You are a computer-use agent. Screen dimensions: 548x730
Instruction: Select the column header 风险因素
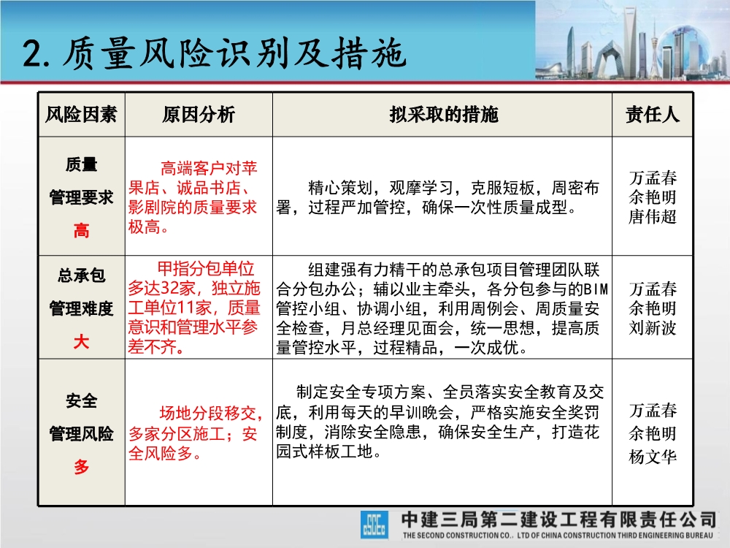click(x=81, y=115)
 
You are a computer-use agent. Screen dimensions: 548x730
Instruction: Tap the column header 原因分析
click(x=199, y=115)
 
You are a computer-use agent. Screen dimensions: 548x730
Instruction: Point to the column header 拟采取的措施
click(x=442, y=115)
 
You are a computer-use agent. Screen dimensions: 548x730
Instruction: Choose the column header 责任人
click(x=652, y=115)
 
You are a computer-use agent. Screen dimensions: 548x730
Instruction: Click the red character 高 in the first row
click(x=81, y=231)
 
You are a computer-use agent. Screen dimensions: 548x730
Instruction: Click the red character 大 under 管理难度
click(x=81, y=341)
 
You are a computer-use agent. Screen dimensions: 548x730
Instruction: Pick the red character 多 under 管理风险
click(x=81, y=468)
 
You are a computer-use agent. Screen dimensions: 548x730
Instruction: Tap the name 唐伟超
click(x=653, y=217)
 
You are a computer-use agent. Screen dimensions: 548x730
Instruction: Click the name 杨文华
click(x=653, y=457)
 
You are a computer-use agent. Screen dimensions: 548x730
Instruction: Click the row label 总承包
click(x=81, y=275)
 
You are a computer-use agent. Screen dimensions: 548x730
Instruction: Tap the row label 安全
click(x=81, y=401)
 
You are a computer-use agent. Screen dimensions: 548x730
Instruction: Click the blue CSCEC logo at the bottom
click(x=378, y=524)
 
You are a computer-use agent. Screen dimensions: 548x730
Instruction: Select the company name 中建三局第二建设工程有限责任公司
click(x=559, y=520)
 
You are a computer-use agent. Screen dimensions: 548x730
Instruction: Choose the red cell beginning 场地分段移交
click(x=197, y=433)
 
